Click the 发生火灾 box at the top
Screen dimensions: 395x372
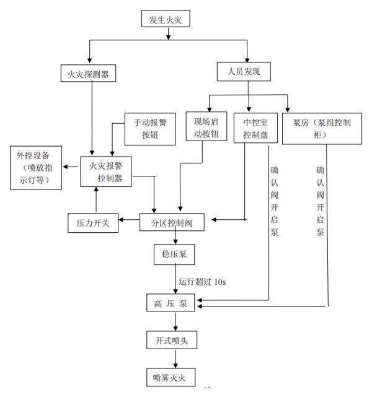(x=166, y=20)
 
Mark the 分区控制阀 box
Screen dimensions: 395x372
(x=174, y=222)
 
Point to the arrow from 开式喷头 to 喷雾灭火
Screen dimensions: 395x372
(x=175, y=358)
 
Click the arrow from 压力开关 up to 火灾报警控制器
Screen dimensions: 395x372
(x=95, y=199)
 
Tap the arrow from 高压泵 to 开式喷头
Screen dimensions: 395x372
(x=175, y=322)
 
